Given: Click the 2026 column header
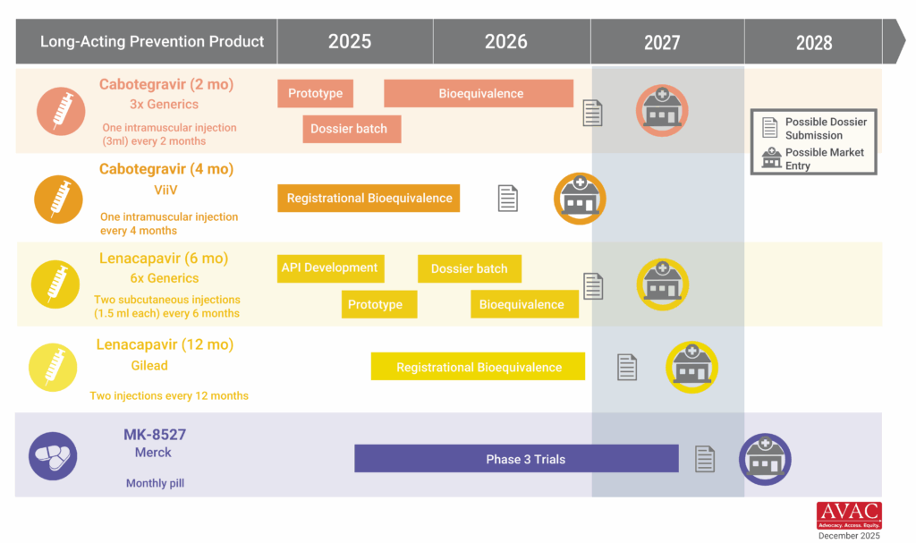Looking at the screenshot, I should point(506,42).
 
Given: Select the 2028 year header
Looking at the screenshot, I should point(813,42).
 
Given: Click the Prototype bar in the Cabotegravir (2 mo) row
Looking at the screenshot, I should point(315,94).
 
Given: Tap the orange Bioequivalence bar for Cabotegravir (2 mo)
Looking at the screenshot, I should point(479,93).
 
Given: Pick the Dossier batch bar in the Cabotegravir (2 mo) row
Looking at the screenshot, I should point(351,129).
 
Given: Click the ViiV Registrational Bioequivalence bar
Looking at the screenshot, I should point(368,198).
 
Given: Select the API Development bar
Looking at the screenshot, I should point(329,267).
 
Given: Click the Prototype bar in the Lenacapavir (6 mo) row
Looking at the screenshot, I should point(375,304).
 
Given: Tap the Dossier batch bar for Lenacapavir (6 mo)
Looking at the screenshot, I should point(469,268).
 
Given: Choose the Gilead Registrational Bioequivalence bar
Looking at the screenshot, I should point(478,367).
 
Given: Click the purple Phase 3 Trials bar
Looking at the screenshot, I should point(516,459).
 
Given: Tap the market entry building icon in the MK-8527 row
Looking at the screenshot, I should point(765,460).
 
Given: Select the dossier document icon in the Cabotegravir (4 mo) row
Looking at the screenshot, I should point(508,198).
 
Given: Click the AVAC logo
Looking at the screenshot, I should point(848,515).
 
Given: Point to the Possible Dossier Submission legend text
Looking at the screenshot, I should point(826,128).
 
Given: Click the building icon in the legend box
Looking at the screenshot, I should point(770,157).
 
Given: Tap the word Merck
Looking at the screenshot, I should point(153,453).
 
